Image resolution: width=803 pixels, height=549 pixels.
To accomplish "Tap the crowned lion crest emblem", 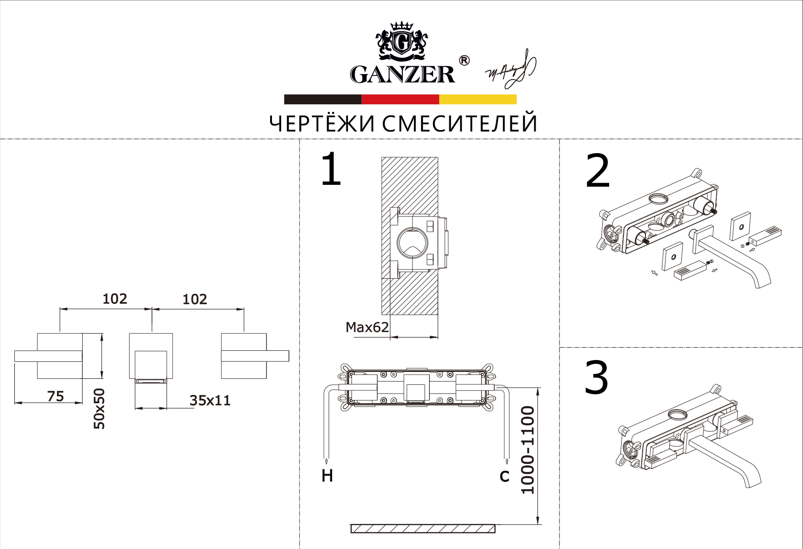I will (x=402, y=41).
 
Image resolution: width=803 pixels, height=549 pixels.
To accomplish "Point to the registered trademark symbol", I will (x=464, y=60).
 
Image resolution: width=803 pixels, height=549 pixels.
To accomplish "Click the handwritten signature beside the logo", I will (x=511, y=70).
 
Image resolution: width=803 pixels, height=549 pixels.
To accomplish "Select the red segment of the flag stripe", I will (x=400, y=99).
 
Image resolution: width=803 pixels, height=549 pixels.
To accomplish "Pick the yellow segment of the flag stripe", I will (x=478, y=99).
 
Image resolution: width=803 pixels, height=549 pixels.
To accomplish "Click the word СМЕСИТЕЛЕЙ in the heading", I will (x=459, y=124).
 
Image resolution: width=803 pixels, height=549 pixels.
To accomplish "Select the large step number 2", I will (x=598, y=171).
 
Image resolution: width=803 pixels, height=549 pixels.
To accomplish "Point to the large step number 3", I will (x=596, y=377).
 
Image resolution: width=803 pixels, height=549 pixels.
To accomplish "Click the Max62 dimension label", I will (x=367, y=327).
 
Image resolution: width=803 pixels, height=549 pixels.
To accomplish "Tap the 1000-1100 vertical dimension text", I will (x=528, y=450).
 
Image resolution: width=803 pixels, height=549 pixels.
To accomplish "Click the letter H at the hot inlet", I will (x=327, y=476).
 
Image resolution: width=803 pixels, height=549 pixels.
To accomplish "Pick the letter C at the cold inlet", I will (x=504, y=476).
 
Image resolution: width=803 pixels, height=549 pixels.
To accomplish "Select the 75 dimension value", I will (x=56, y=396).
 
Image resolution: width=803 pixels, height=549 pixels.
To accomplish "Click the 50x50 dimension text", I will (x=99, y=408).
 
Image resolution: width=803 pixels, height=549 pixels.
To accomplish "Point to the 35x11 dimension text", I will (x=210, y=400).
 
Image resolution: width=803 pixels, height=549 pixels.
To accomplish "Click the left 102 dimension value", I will (x=115, y=299).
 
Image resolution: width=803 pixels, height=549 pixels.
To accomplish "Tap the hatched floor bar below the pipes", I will (x=423, y=529).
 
